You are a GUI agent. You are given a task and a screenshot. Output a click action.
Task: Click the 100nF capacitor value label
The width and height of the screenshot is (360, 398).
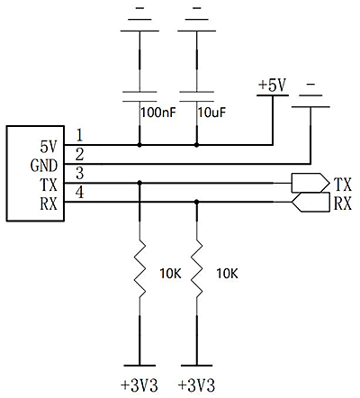click(158, 113)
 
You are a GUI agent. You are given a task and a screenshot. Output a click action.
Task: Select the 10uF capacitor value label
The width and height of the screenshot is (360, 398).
click(211, 113)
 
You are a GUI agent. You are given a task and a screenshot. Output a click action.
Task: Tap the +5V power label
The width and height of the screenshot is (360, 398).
click(273, 85)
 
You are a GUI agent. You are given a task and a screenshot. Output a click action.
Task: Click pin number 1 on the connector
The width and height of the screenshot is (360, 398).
click(79, 135)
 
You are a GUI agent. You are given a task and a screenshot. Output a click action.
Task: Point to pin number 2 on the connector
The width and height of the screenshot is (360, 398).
click(79, 154)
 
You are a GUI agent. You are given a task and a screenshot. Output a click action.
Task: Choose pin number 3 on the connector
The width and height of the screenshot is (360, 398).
click(79, 173)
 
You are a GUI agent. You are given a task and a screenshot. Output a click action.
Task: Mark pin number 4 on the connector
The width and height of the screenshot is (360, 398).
click(79, 192)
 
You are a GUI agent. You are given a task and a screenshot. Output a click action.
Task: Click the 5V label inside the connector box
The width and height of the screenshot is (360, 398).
click(49, 147)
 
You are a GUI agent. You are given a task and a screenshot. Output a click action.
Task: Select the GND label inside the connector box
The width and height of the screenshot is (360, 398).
click(44, 166)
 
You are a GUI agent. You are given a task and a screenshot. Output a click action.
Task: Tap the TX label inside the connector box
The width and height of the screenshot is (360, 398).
click(49, 185)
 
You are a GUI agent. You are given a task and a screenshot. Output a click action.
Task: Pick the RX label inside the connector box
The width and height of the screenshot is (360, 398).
click(49, 204)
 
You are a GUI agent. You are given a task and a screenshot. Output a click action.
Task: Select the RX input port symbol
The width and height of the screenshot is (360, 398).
click(310, 202)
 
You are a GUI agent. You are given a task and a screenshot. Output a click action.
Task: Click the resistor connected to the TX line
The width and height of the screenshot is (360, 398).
click(139, 268)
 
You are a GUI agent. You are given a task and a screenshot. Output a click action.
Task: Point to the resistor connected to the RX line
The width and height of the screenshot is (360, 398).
click(197, 268)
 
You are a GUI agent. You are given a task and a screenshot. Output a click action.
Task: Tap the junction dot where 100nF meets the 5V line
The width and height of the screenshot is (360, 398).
click(139, 145)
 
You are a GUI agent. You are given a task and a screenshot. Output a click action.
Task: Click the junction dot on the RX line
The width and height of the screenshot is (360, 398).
click(197, 202)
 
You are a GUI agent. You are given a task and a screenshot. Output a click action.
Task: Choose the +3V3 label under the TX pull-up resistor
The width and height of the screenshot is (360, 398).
click(139, 384)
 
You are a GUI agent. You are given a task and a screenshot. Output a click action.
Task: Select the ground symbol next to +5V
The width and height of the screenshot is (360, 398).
click(310, 95)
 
